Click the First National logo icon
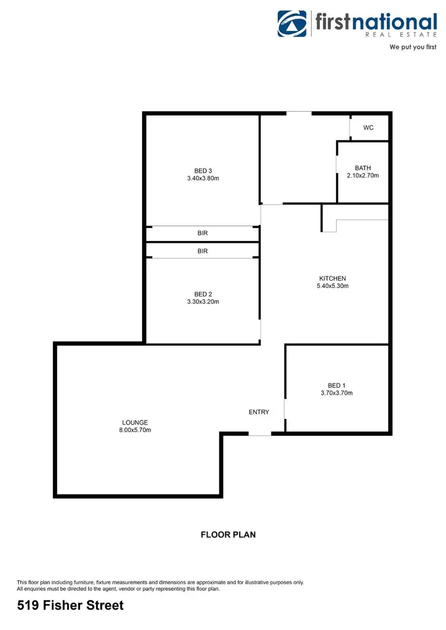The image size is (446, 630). pos(292,23)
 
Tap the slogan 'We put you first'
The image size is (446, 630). pos(413,46)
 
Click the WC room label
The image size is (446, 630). pos(368,128)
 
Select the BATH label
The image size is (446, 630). pos(363,168)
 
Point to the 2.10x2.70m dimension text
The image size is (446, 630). pos(363,176)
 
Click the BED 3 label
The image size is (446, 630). pos(203,170)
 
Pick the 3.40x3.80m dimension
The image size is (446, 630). pos(203,178)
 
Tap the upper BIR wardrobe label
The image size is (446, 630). pos(203,233)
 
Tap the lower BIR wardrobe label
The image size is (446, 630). pos(203,251)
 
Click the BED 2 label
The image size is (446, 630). pos(203,294)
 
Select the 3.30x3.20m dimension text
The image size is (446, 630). pos(203,302)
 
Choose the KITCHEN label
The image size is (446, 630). pos(332,278)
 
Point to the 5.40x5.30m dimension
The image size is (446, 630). pos(332,286)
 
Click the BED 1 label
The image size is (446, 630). pos(337,385)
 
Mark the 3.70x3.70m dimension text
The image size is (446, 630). pos(337,393)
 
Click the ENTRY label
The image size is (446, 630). pos(259,412)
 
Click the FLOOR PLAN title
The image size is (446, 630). pos(228,534)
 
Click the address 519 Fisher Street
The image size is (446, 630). pos(71,606)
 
